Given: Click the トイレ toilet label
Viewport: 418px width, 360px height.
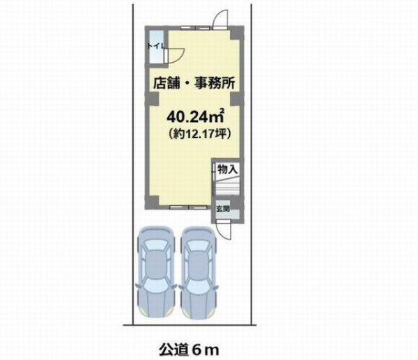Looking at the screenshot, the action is (x=155, y=46).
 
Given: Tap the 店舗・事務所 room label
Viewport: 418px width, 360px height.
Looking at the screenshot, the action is (x=194, y=83).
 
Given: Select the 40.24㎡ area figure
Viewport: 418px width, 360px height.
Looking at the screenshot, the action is (x=195, y=116).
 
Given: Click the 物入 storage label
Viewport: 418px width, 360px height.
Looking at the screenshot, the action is (x=227, y=169).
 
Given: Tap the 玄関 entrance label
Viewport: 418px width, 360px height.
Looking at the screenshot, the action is (x=223, y=208).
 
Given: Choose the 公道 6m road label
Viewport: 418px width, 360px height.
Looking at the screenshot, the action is (x=189, y=350).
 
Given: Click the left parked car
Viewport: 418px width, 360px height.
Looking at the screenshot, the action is (x=156, y=272).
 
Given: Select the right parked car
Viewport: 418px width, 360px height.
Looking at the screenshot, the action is (x=199, y=272).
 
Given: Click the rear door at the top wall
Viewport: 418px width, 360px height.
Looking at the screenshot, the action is (x=221, y=19).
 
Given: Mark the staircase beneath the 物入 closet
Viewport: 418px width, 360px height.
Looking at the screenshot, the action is (x=227, y=186).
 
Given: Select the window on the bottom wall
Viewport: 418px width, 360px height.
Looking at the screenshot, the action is (x=189, y=208).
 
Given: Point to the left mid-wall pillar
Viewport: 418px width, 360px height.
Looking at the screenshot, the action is (x=152, y=98).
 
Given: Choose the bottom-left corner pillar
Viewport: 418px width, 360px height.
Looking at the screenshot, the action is (x=152, y=202).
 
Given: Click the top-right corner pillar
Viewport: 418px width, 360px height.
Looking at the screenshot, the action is (x=237, y=33).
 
